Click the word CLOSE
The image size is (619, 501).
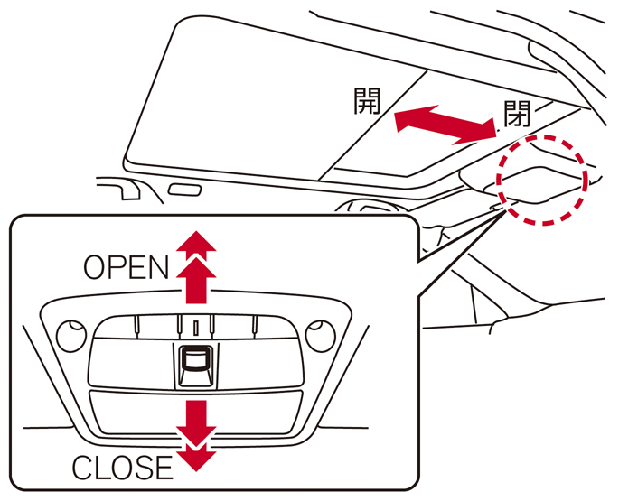(121, 468)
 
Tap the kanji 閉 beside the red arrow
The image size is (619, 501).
(517, 115)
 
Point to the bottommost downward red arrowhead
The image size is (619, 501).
(196, 458)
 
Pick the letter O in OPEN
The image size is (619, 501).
(94, 267)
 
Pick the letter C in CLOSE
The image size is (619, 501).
(82, 468)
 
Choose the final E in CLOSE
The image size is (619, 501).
(162, 468)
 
